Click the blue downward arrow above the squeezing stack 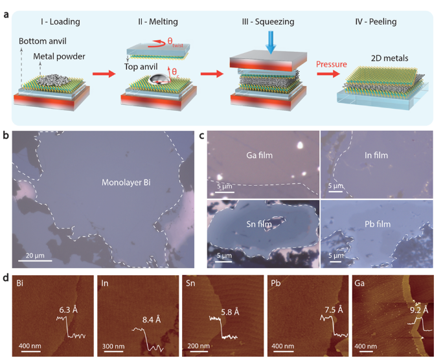pos(271,42)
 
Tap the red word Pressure pos(332,64)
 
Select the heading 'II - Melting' pos(158,22)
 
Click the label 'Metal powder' pos(59,56)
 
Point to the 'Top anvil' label pos(141,67)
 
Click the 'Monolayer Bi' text pos(126,183)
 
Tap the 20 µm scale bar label pos(35,256)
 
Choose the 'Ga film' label pos(259,155)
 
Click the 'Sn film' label pos(259,224)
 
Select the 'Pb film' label pos(378,224)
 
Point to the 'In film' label pos(376,155)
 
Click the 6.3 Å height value pos(69,309)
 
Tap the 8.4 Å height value pos(152,320)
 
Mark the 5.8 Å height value pos(230,312)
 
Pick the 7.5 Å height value pos(334,309)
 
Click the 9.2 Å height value pos(419,310)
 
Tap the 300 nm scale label pos(113,346)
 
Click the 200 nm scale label pos(198,346)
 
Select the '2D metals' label pos(390,58)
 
